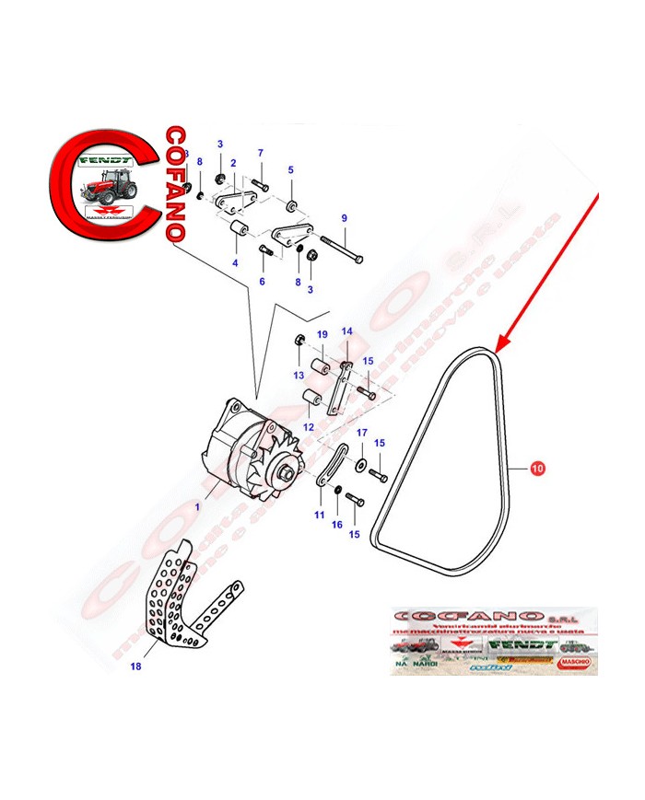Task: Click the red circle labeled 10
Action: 537,468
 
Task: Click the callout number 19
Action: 322,334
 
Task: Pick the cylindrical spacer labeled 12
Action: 310,400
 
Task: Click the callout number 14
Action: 347,331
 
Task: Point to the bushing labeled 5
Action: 290,203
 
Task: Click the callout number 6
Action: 262,281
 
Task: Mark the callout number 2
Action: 233,163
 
